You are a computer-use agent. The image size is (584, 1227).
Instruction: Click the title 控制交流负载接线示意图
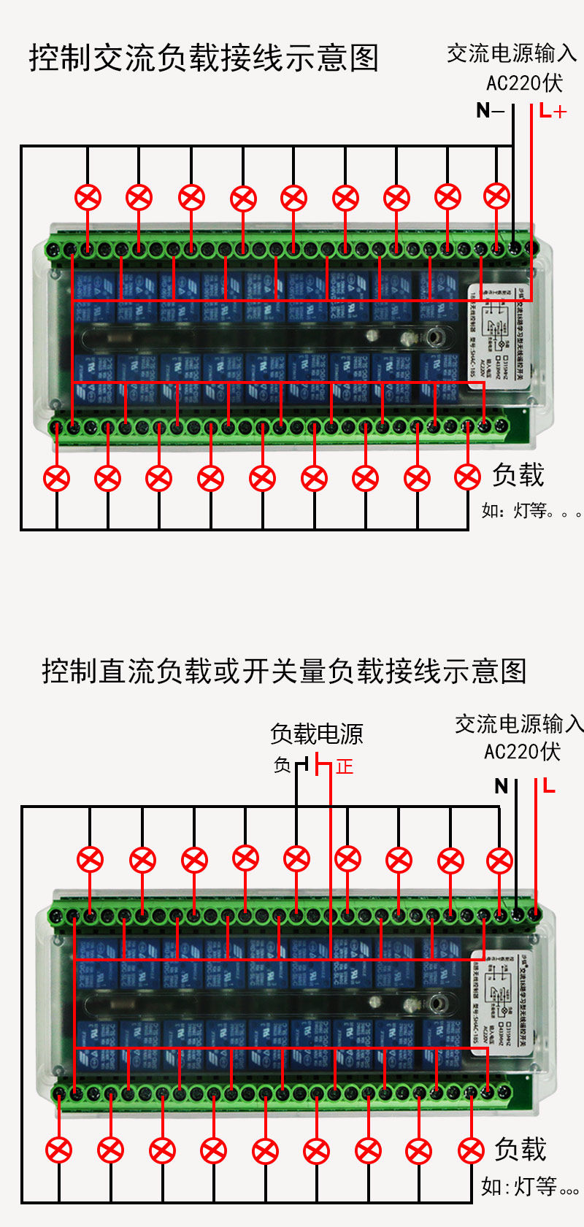(204, 58)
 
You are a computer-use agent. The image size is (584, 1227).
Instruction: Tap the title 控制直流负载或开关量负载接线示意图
(284, 671)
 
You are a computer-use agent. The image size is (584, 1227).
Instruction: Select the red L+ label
(553, 112)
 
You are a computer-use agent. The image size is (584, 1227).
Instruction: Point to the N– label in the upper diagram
(490, 111)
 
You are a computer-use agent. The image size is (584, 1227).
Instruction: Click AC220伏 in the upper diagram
(524, 83)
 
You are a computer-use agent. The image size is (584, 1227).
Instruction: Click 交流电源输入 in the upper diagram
(512, 53)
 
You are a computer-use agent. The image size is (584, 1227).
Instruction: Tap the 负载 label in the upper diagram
(518, 475)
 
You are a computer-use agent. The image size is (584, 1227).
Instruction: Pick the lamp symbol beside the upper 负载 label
(468, 477)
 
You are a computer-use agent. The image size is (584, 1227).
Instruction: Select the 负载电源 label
(317, 734)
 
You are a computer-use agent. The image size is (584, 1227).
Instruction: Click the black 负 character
(283, 765)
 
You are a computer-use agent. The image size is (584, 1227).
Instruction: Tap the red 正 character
(345, 766)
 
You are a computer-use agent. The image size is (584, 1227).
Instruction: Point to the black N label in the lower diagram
(501, 786)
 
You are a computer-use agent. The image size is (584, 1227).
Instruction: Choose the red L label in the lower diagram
(548, 786)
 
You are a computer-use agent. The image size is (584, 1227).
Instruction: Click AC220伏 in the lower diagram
(522, 752)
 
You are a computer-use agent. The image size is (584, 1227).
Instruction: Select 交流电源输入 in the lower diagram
(519, 724)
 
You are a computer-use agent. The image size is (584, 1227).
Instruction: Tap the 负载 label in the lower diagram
(520, 1149)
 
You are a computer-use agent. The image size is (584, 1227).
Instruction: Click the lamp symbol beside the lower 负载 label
(471, 1151)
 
